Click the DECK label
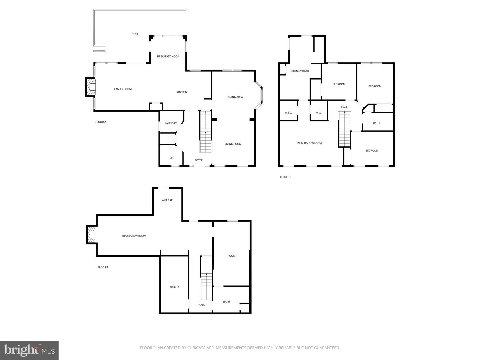tap(135, 34)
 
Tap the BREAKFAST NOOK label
tap(168, 56)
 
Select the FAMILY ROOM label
tap(123, 89)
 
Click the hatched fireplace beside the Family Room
tap(91, 87)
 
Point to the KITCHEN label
tap(182, 92)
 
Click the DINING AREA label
tap(235, 97)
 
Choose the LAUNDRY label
tap(171, 123)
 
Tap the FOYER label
tap(199, 160)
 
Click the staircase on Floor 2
tap(206, 132)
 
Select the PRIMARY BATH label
tap(300, 71)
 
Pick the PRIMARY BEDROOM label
tap(309, 143)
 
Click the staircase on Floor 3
tap(345, 129)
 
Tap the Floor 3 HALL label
tap(344, 107)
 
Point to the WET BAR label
tap(167, 200)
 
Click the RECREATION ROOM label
tap(134, 236)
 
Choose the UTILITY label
tap(174, 287)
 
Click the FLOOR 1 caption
tap(103, 267)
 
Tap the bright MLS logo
tap(29, 350)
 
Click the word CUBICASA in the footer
tap(196, 348)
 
